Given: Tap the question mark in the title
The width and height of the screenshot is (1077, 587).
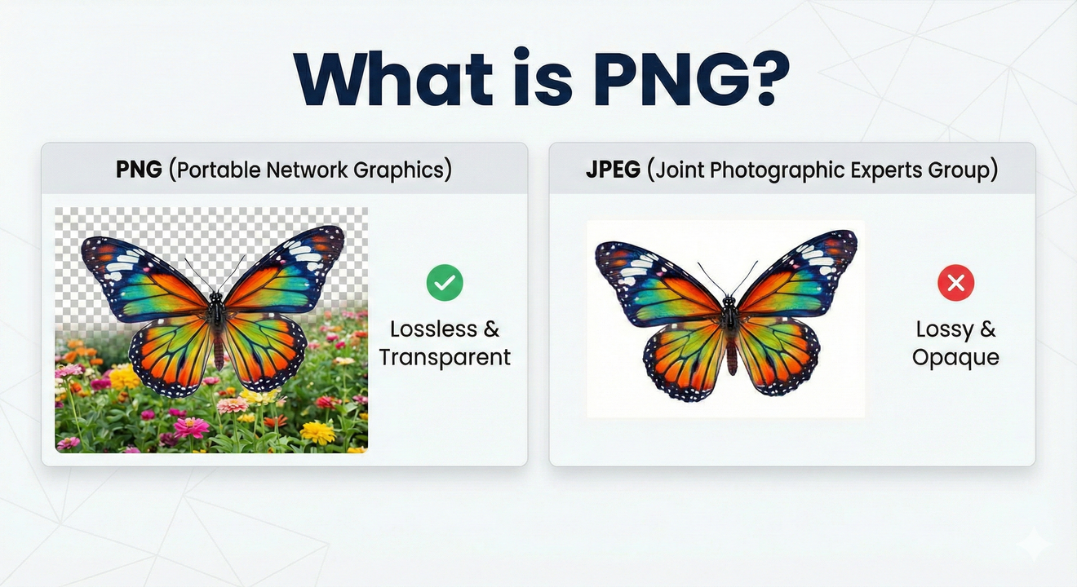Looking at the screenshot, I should [x=762, y=80].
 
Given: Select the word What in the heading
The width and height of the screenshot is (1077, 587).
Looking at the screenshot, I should [x=392, y=80].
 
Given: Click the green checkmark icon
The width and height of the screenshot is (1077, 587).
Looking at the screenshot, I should [x=445, y=283].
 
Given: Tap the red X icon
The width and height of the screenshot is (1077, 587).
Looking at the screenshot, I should [x=955, y=283].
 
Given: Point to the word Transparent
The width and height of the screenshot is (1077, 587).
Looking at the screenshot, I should [x=445, y=357].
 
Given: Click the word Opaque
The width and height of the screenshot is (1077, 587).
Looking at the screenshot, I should [x=955, y=357].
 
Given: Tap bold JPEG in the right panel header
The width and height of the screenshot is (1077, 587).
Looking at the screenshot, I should [x=614, y=170].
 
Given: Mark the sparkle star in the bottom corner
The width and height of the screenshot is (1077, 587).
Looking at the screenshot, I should [x=1033, y=544].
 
